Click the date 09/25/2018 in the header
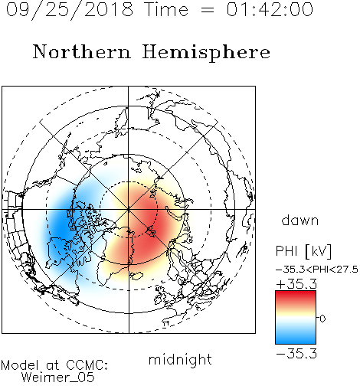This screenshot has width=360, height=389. pyautogui.click(x=70, y=9)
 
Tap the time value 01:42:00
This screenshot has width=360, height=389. pyautogui.click(x=270, y=9)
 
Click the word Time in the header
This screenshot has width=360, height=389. pyautogui.click(x=166, y=9)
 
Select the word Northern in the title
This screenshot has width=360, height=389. pyautogui.click(x=81, y=51)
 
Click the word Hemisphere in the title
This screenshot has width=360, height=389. pyautogui.click(x=206, y=52)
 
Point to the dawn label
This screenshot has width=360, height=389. pyautogui.click(x=300, y=220)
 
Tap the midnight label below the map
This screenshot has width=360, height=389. pyautogui.click(x=180, y=360)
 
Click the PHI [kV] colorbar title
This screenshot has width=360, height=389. pyautogui.click(x=303, y=251)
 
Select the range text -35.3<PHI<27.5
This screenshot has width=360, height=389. pyautogui.click(x=317, y=270)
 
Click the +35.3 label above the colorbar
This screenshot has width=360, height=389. pyautogui.click(x=296, y=284)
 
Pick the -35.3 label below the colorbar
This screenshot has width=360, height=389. pyautogui.click(x=296, y=354)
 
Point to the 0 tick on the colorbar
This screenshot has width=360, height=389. pyautogui.click(x=322, y=319)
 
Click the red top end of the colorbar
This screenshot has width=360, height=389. pyautogui.click(x=296, y=293)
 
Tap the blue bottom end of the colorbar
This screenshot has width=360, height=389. pyautogui.click(x=296, y=341)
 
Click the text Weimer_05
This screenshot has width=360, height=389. pyautogui.click(x=58, y=377)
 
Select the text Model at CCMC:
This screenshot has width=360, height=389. pyautogui.click(x=54, y=365)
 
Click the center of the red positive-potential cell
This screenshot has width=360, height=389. pyautogui.click(x=151, y=224)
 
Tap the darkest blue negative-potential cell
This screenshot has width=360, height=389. pyautogui.click(x=60, y=224)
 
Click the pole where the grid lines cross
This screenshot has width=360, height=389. pyautogui.click(x=129, y=209)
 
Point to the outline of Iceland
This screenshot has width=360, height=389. pyautogui.click(x=137, y=276)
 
